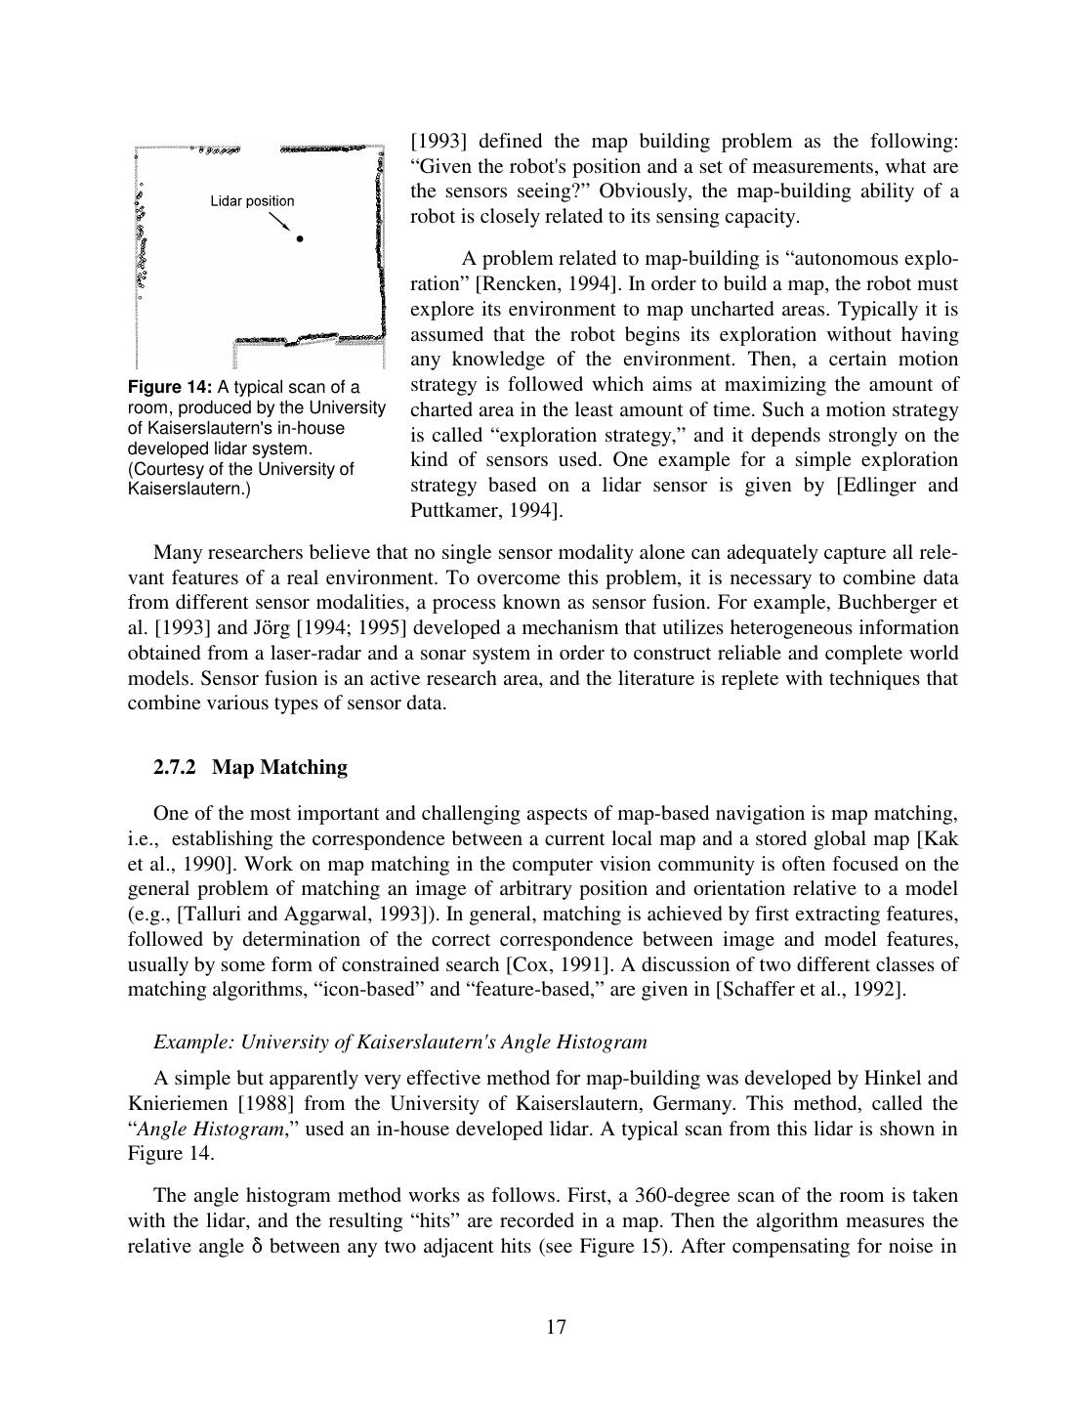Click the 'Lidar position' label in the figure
pos(252,201)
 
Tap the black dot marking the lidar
pos(300,238)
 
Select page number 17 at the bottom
pos(557,1327)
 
